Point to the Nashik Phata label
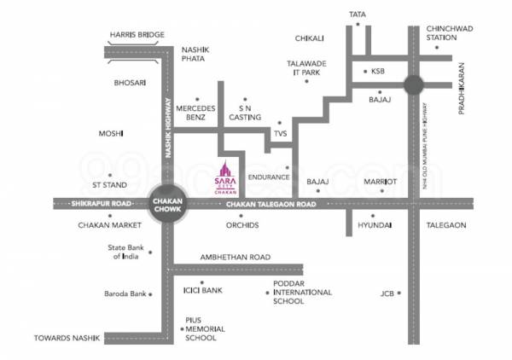[x=197, y=55]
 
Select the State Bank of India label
[x=123, y=251]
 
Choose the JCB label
[x=389, y=294]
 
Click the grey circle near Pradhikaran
[x=414, y=84]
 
